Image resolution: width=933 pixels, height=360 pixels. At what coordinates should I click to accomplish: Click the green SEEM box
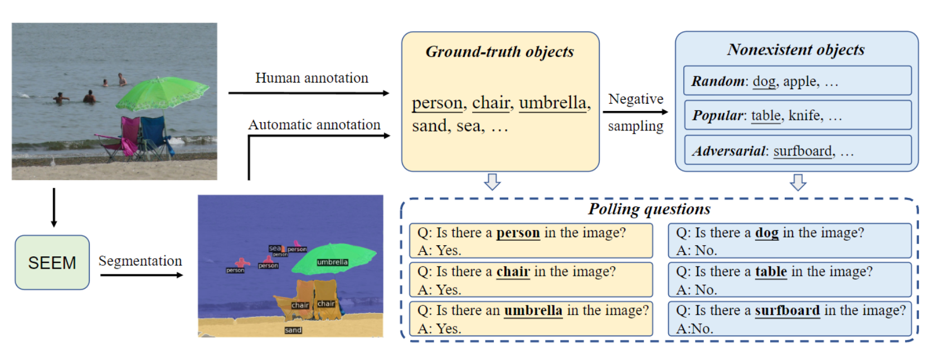tap(52, 262)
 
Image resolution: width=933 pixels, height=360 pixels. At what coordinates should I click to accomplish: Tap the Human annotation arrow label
tap(312, 78)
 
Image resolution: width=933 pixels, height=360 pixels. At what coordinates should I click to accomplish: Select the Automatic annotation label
tap(314, 125)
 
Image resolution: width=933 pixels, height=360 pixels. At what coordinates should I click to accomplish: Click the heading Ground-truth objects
tap(499, 52)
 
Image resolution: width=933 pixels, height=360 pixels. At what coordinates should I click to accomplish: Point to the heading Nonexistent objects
tap(796, 50)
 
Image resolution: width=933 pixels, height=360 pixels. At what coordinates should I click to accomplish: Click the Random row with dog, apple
tap(797, 81)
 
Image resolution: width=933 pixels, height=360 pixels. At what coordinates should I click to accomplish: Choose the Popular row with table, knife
tap(797, 115)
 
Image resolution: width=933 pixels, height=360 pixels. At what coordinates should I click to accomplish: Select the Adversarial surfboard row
tap(797, 150)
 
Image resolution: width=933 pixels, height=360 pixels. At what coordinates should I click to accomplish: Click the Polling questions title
tap(649, 209)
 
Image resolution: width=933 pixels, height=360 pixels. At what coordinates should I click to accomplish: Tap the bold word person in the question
tap(518, 233)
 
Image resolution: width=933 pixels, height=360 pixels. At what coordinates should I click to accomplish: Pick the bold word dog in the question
tap(766, 233)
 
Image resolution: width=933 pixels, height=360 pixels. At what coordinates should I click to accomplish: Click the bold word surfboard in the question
tap(787, 310)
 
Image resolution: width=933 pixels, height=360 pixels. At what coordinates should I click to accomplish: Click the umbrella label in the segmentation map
tap(332, 262)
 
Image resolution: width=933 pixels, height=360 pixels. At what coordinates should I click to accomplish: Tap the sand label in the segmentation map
tap(293, 330)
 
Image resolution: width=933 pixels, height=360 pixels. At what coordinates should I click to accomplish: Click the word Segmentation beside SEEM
tap(140, 261)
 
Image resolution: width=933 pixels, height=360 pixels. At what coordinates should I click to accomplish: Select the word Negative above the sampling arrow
tap(635, 99)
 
